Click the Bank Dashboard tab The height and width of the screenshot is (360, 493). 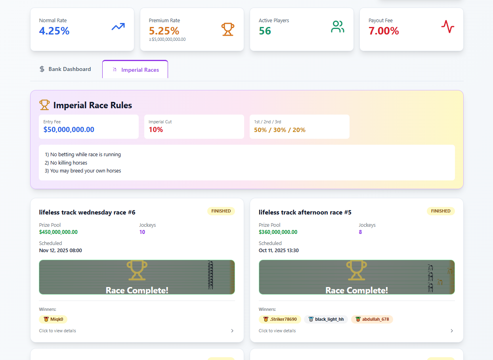click(65, 69)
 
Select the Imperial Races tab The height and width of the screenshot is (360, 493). click(135, 70)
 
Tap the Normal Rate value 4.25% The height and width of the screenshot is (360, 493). click(54, 31)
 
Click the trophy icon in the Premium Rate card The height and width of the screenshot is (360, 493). click(227, 29)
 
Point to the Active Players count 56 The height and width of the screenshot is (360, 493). click(265, 31)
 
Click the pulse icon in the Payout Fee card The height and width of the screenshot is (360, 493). click(447, 27)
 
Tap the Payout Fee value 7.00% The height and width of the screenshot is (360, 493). click(384, 31)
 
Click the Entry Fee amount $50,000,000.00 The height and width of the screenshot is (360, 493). click(69, 130)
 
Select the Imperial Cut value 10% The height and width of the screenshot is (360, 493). click(156, 130)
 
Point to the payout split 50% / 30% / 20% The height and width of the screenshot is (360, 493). click(280, 130)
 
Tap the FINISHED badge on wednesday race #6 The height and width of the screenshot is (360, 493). click(221, 211)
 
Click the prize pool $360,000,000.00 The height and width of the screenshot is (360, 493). click(278, 232)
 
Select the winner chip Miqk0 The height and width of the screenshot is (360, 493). click(53, 319)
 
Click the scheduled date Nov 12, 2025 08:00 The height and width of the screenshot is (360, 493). click(60, 251)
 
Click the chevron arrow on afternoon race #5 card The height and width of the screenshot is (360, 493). click(451, 331)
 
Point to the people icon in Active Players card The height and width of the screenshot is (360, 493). click(337, 27)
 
